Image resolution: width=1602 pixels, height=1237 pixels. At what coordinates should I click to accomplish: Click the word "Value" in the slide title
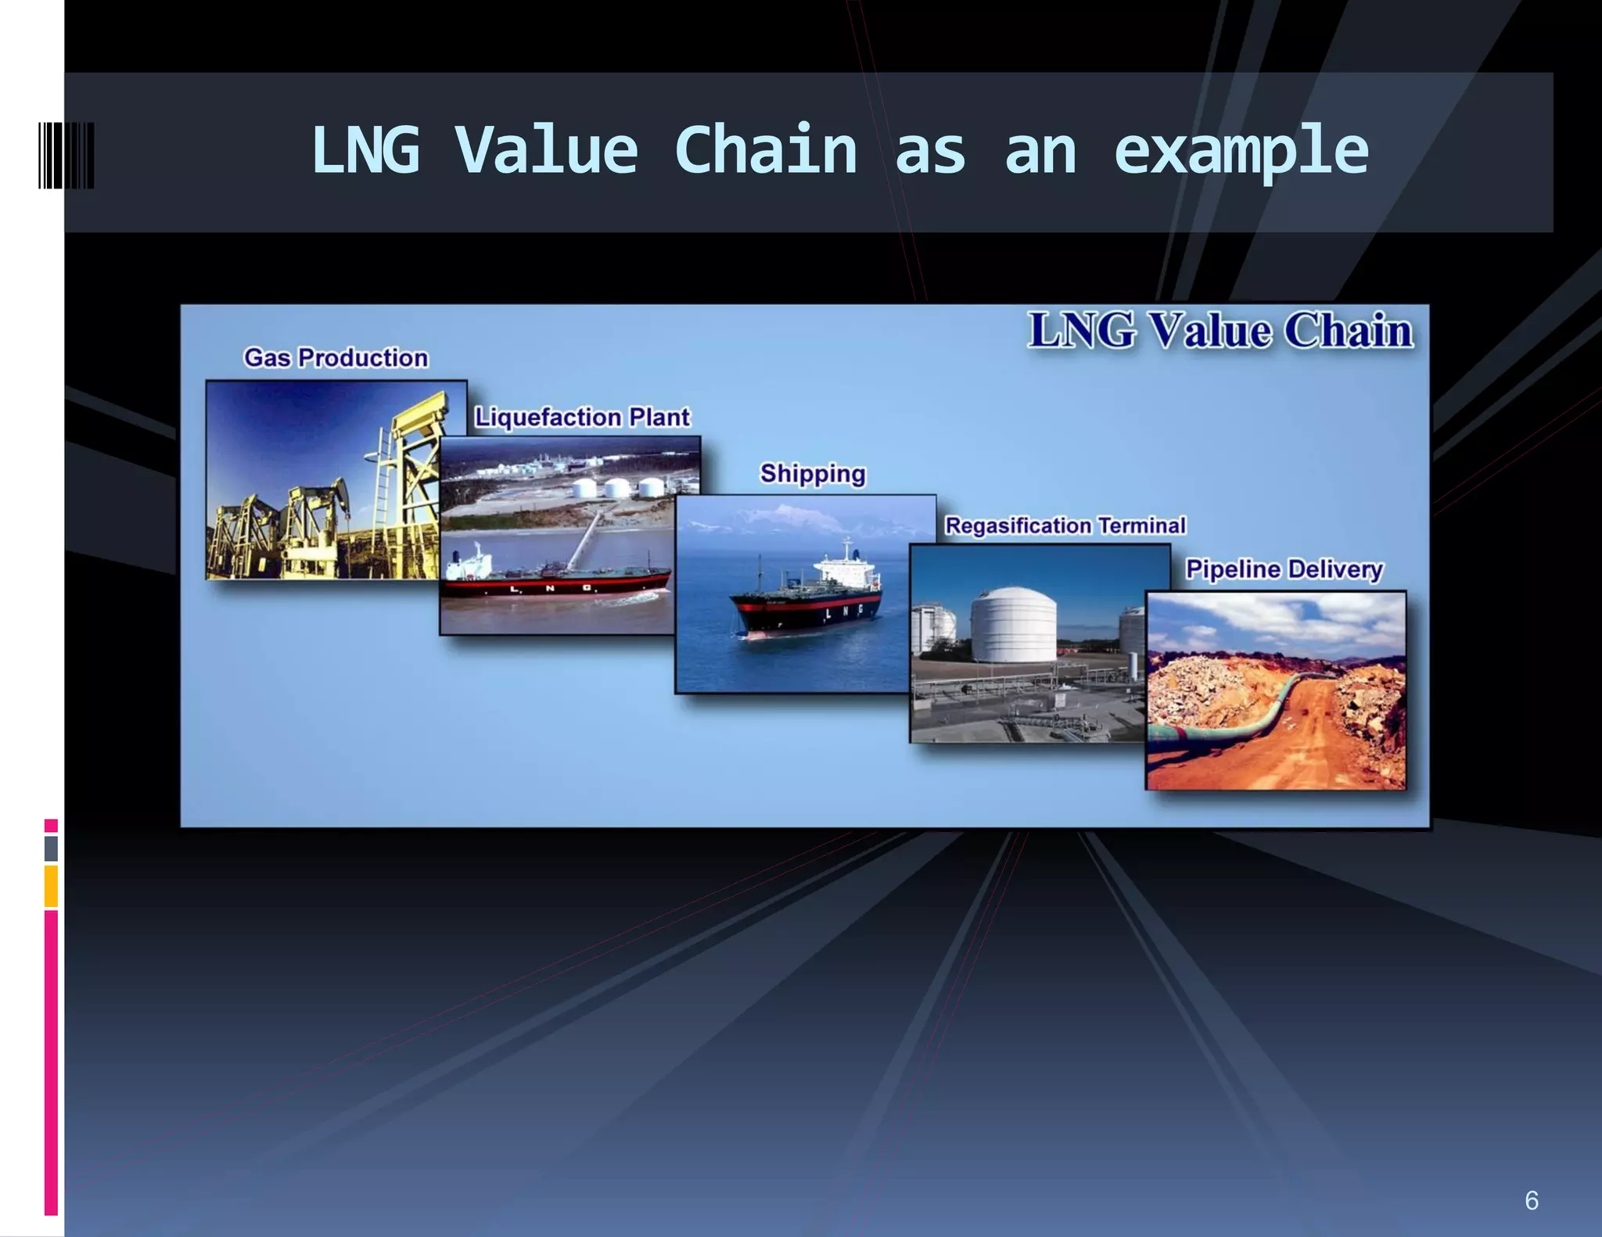point(546,150)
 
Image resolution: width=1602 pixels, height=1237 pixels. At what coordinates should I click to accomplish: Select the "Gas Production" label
point(336,358)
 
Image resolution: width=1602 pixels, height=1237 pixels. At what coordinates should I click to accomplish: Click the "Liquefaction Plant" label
point(582,418)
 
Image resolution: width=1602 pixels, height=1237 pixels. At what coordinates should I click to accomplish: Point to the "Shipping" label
point(813,474)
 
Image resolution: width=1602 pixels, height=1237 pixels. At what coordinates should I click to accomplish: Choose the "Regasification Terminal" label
point(1065,525)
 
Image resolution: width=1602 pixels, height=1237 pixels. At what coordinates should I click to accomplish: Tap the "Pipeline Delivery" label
point(1284,569)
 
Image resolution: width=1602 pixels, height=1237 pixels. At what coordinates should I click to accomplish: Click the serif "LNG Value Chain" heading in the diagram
point(1220,330)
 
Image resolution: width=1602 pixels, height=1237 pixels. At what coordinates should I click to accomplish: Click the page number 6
point(1532,1200)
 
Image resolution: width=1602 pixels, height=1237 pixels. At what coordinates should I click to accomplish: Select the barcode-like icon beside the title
point(66,155)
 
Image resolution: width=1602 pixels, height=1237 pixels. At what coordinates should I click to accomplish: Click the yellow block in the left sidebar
point(51,886)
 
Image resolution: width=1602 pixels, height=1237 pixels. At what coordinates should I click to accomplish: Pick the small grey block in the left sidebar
point(51,848)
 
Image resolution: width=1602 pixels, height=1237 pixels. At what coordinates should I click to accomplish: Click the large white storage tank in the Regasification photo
point(1013,626)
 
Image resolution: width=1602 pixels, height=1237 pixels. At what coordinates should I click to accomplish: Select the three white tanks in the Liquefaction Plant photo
point(618,488)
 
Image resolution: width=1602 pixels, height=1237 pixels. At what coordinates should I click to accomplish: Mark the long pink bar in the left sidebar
point(51,1063)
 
